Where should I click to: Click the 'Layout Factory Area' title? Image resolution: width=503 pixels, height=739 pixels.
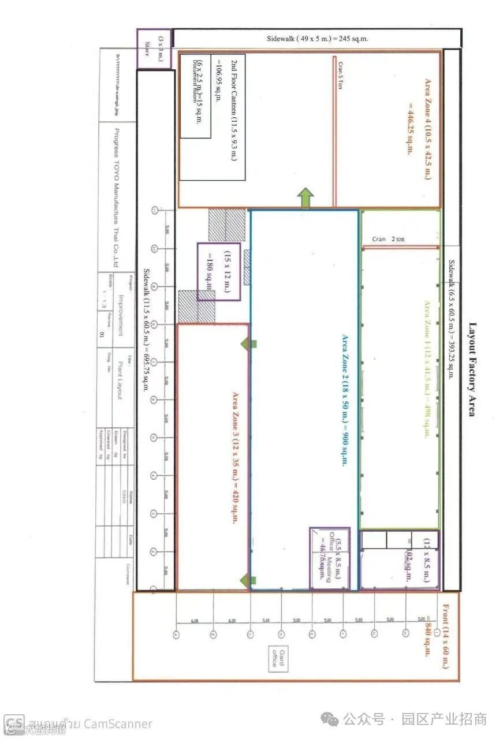coord(471,369)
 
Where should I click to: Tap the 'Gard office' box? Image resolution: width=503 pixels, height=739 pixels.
coord(278,658)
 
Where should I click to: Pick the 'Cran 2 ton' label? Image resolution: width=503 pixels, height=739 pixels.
coord(388,238)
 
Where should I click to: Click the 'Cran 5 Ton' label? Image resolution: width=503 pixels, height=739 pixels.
coord(341,75)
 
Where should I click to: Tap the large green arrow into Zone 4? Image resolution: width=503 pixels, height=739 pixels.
coord(305,199)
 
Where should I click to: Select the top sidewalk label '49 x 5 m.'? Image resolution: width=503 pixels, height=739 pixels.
coord(317,39)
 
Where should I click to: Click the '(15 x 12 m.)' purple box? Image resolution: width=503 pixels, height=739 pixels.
coord(219,271)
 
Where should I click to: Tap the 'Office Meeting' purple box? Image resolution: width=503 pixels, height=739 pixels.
coord(329,558)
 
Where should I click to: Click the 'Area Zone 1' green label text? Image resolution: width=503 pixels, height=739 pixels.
coord(428,369)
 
